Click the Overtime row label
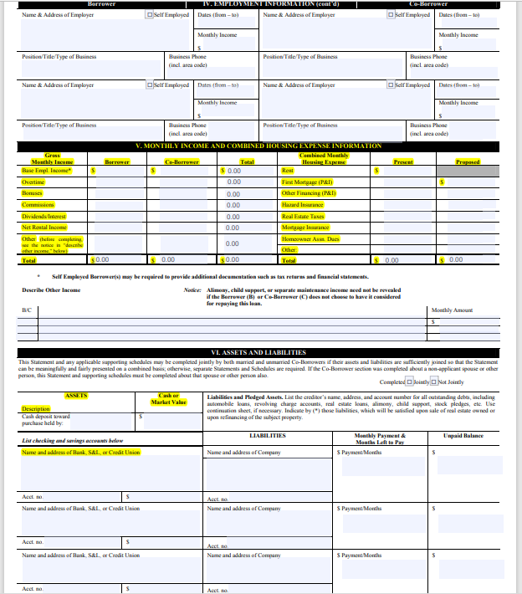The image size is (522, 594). pos(33,182)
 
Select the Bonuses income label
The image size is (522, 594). pos(33,192)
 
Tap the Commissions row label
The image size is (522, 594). pos(38,204)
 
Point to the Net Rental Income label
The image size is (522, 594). pos(44,227)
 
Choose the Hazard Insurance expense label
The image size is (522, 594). pos(303,204)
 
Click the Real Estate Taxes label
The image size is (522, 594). pos(303,216)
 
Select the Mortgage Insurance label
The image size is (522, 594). pos(305,227)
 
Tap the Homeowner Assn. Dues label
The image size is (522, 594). pos(309,238)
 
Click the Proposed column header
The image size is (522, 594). pos(468,161)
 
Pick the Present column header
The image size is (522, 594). pos(403,161)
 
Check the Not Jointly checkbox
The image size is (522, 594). pos(434,381)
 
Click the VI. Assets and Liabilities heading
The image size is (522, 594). pos(259,352)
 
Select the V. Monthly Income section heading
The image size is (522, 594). pos(259,146)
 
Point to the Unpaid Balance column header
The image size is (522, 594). pos(463,436)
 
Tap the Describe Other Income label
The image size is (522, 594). pos(51,289)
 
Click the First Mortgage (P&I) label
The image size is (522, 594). pos(307,182)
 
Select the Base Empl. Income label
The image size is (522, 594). pos(47,170)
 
